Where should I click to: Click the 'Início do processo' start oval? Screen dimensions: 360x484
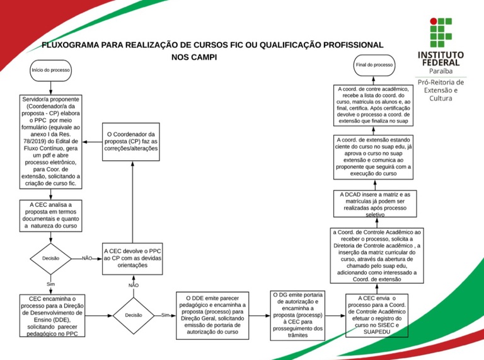50,70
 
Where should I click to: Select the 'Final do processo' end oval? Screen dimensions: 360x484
374,65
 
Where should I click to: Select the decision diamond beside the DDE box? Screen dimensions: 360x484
134,315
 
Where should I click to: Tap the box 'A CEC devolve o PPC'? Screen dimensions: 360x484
132,258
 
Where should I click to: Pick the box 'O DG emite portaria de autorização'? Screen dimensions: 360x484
297,315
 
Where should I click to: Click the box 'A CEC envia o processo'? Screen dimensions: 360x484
377,315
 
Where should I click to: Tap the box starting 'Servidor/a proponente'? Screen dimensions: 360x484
50,142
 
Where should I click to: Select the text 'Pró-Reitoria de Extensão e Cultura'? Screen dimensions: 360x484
441,90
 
